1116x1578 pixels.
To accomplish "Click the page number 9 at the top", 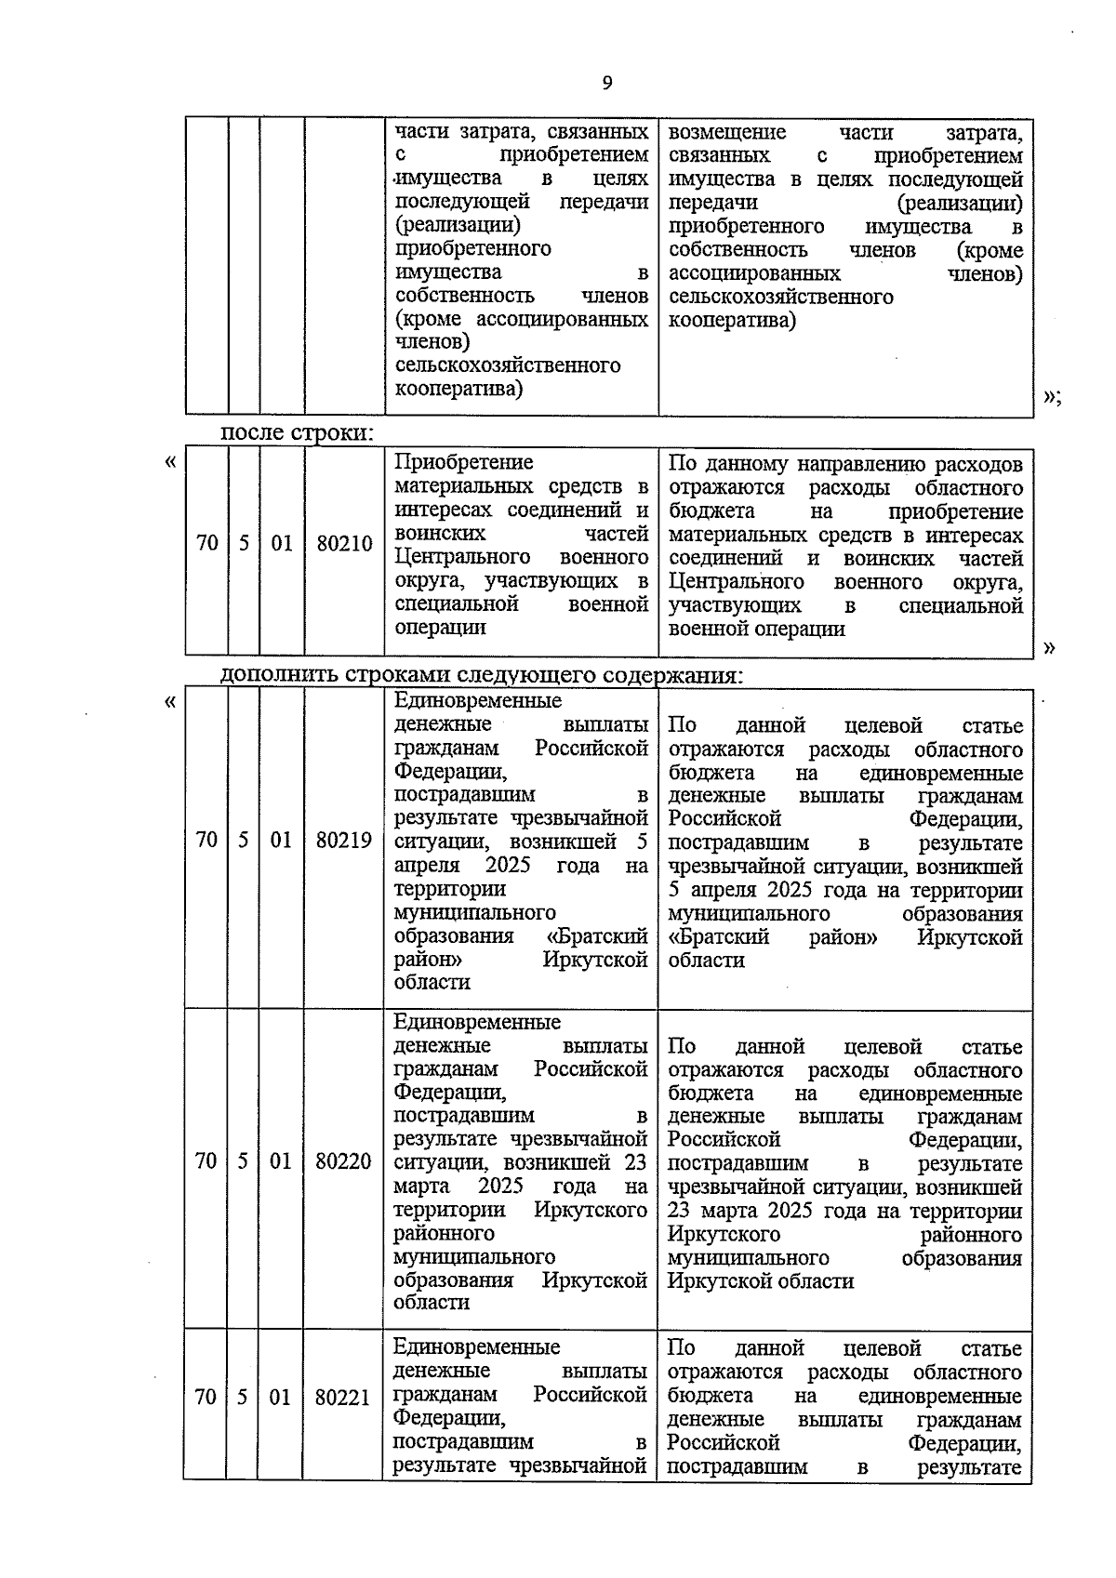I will [607, 84].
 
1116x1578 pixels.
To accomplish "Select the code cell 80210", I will [344, 544].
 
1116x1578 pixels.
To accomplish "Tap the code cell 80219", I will [344, 841].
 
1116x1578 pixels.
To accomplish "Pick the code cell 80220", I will [343, 1161].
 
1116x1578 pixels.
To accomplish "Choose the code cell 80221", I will [342, 1398].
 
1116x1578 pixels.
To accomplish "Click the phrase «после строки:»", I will [297, 433].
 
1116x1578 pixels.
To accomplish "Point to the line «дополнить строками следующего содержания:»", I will [482, 675].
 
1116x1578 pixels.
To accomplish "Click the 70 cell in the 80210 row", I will [206, 544].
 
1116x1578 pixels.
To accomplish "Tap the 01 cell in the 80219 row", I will [281, 841].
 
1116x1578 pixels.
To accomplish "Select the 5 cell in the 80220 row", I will [243, 1161].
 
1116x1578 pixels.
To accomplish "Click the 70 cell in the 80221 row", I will [206, 1398].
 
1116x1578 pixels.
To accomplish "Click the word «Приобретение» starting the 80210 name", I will [464, 463].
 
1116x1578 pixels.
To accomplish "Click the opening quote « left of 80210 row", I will [169, 462].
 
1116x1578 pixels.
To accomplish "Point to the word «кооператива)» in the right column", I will [732, 321].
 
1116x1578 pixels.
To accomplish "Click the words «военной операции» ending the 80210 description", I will [756, 630].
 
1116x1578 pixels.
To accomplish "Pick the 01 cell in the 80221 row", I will [280, 1398].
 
